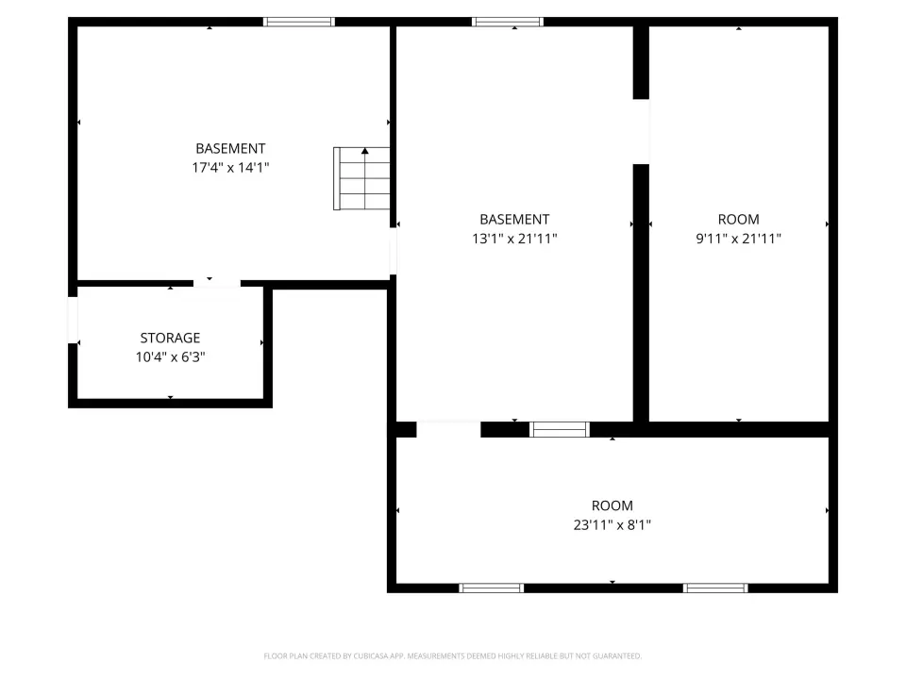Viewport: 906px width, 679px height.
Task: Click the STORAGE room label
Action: click(x=170, y=338)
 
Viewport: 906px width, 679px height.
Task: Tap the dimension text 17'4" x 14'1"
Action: click(x=230, y=168)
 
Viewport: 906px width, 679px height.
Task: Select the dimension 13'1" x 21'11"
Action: click(x=514, y=239)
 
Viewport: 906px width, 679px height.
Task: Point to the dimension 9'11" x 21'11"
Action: click(x=738, y=239)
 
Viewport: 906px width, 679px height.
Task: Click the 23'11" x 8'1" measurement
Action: click(x=612, y=525)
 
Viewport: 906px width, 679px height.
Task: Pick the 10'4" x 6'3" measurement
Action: click(x=171, y=356)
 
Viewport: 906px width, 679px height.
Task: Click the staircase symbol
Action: click(x=361, y=178)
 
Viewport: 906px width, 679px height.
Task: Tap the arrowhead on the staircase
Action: click(x=364, y=151)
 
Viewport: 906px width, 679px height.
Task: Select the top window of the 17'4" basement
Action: click(x=299, y=22)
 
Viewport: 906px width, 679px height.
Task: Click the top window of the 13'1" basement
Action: click(x=508, y=22)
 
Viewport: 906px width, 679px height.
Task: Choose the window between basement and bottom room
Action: click(x=560, y=430)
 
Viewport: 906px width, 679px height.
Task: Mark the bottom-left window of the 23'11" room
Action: click(x=491, y=588)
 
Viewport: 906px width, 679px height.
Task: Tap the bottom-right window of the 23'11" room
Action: click(x=715, y=588)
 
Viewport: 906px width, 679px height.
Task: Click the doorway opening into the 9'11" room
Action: click(x=642, y=132)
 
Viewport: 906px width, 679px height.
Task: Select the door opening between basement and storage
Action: click(x=217, y=283)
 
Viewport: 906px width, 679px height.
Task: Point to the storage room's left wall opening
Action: click(x=73, y=320)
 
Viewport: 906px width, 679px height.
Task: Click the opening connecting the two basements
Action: click(x=393, y=251)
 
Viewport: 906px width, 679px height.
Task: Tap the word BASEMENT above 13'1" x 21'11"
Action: click(x=514, y=220)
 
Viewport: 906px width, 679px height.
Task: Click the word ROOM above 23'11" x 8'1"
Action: click(x=612, y=505)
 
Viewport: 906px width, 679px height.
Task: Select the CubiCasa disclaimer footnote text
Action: click(x=452, y=656)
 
